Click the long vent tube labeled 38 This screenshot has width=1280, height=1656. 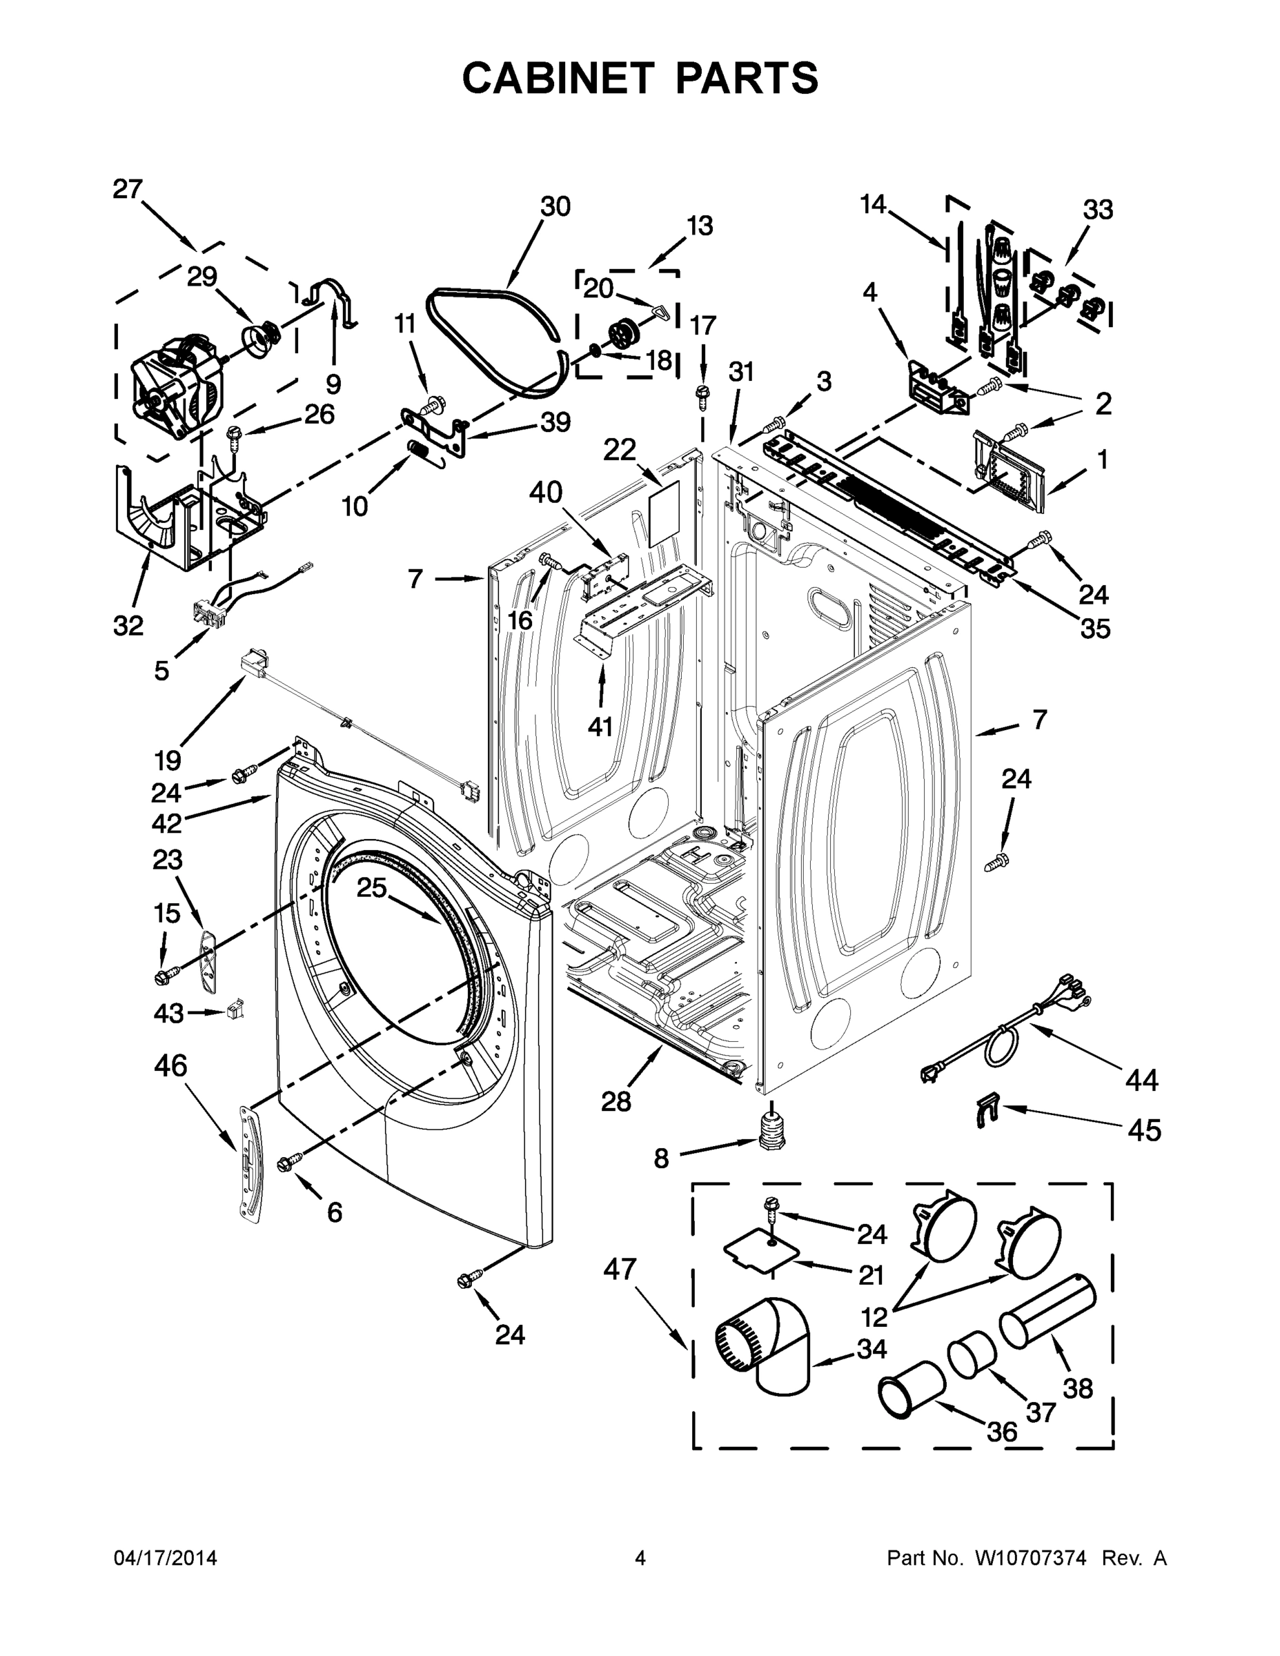(x=1048, y=1311)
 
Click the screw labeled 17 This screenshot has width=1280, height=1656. (x=702, y=393)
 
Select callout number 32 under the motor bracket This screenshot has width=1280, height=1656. (x=128, y=626)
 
